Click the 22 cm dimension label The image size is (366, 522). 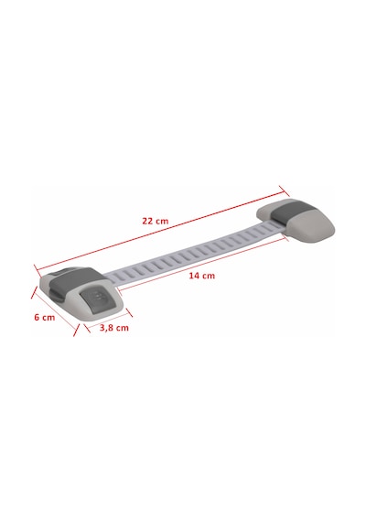coord(156,221)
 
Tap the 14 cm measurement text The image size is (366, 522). coord(202,276)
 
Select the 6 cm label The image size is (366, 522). coord(45,317)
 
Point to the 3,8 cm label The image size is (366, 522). coord(114,328)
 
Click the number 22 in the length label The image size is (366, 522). coord(147,221)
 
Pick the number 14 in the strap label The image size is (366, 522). coord(194,276)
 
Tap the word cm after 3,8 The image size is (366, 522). coord(122,328)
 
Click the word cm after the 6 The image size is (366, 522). coord(48,318)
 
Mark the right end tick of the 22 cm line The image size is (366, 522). coord(284,191)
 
